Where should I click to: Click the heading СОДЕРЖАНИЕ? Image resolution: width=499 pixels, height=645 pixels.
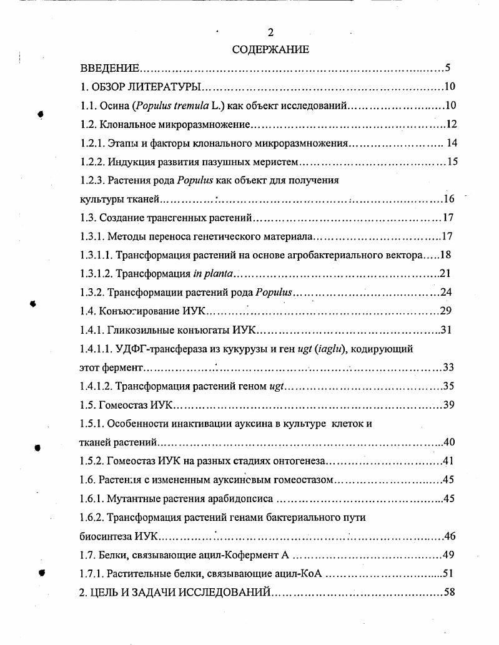(x=270, y=50)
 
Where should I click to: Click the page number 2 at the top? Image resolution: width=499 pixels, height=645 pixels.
(x=270, y=33)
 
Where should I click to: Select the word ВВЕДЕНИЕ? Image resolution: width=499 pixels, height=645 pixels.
(x=110, y=69)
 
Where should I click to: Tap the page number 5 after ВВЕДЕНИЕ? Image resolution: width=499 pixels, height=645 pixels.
(x=448, y=69)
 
